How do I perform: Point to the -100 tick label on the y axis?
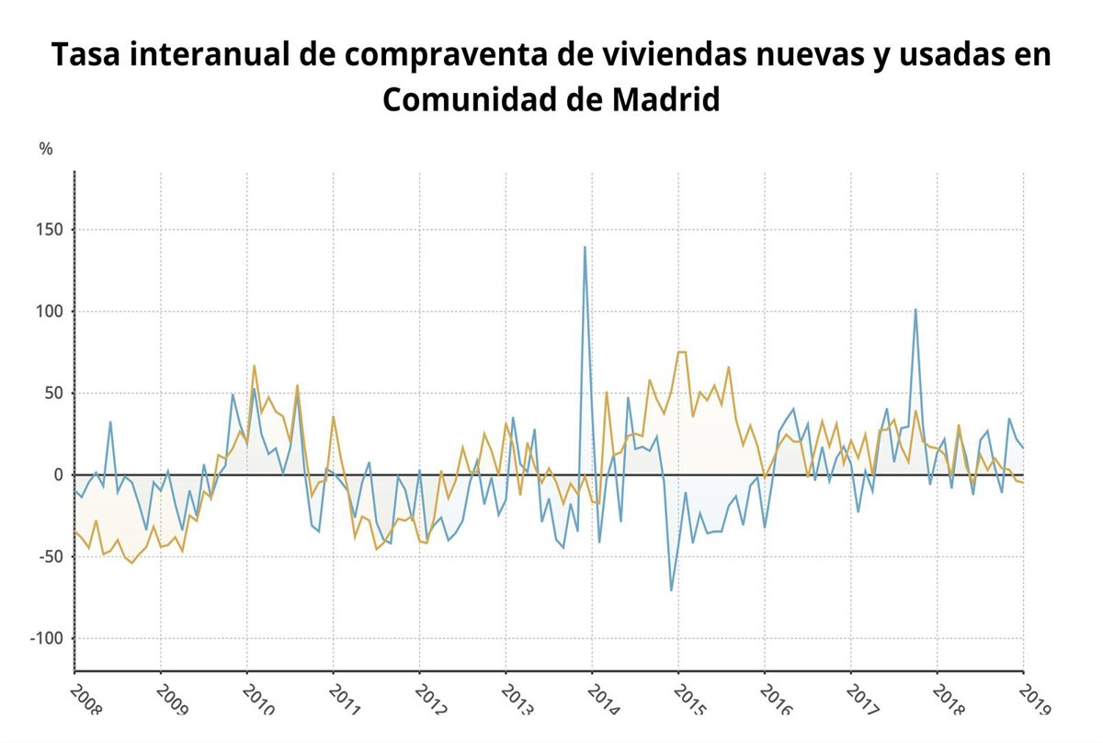coord(47,638)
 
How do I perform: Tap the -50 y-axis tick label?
coord(51,556)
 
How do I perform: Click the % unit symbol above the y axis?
coord(46,149)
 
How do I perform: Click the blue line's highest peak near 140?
coord(585,246)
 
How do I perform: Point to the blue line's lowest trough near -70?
coord(671,589)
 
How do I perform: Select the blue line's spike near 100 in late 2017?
coord(915,309)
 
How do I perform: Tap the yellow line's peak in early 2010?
coord(255,366)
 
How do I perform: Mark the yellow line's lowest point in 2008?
coord(131,563)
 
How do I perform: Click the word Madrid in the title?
coord(665,99)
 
